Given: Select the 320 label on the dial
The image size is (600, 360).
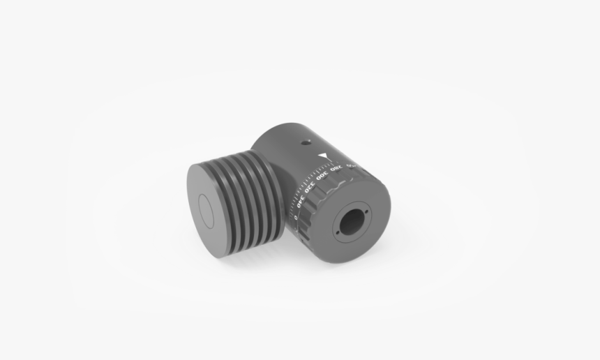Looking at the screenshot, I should tap(310, 188).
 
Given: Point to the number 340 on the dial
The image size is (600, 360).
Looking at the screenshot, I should tap(301, 202).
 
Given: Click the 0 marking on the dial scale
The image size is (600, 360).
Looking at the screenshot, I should tap(296, 217).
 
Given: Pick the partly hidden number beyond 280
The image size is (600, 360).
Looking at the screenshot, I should tap(352, 165).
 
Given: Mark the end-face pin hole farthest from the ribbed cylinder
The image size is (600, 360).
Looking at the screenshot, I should tap(367, 212).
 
